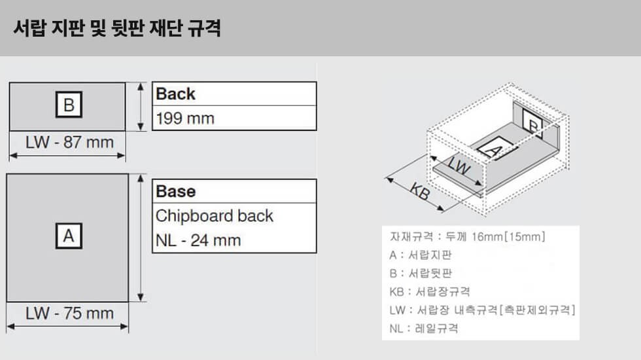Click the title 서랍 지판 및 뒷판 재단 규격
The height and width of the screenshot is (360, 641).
point(117,28)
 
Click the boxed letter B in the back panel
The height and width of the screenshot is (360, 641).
point(69,105)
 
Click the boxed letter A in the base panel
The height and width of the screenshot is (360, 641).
point(69,236)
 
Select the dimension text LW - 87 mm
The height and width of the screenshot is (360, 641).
point(69,143)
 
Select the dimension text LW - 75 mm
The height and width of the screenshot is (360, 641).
point(69,314)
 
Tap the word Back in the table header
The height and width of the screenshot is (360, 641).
point(175,94)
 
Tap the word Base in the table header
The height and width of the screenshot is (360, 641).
point(176,191)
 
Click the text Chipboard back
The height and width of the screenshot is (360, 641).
point(215,216)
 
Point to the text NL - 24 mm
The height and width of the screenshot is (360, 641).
point(198,241)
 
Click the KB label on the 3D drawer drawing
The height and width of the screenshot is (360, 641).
point(420,190)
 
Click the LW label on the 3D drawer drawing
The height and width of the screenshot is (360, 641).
point(459,166)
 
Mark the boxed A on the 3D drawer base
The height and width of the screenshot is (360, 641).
point(494,148)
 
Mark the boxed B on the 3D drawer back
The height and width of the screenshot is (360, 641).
point(532,124)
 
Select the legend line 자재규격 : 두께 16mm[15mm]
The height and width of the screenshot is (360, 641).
point(467,236)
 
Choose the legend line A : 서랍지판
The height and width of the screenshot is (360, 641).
point(420,255)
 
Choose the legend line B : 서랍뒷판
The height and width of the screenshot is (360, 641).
point(420,274)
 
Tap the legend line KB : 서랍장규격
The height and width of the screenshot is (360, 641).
point(430,292)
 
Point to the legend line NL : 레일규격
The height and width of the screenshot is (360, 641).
point(424,329)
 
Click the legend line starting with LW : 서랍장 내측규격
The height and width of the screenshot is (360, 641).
point(483,310)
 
